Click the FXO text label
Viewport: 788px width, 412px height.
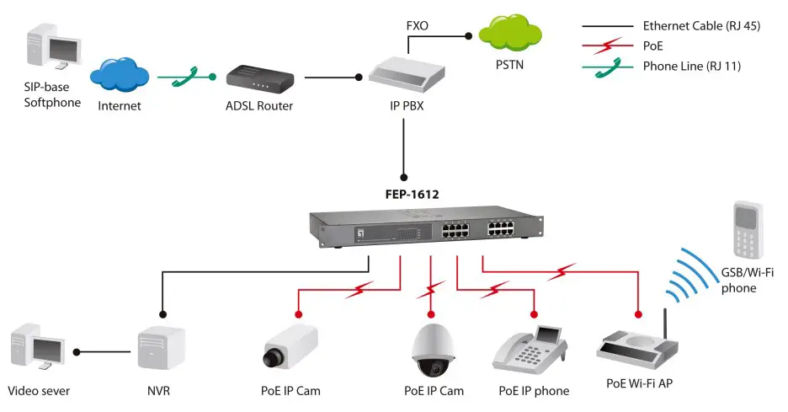click(418, 26)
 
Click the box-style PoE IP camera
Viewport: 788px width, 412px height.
click(290, 346)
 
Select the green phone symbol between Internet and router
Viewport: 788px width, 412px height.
click(186, 78)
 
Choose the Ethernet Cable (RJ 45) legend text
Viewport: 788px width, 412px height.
click(700, 26)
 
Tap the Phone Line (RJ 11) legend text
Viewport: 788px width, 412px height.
click(691, 67)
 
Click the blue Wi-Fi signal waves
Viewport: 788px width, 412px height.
click(694, 276)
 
